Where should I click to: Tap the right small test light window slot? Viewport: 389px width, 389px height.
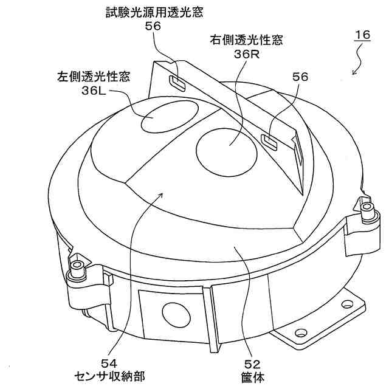point(269,140)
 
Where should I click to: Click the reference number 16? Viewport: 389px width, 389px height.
point(362,35)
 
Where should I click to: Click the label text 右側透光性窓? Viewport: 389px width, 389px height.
point(238,41)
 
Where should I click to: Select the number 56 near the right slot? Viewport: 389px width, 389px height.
point(300,77)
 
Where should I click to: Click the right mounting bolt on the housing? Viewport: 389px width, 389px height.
point(367,209)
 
